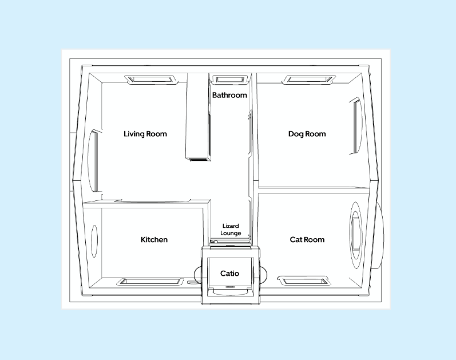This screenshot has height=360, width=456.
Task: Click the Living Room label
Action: pyautogui.click(x=145, y=134)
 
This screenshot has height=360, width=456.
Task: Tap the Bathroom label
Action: pyautogui.click(x=229, y=95)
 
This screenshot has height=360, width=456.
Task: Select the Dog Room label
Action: pyautogui.click(x=307, y=134)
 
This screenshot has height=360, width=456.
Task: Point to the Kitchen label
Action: pyautogui.click(x=154, y=239)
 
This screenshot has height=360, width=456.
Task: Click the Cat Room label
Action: pyautogui.click(x=307, y=239)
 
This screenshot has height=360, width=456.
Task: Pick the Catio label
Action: pyautogui.click(x=229, y=274)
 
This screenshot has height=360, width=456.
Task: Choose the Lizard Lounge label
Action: pyautogui.click(x=231, y=230)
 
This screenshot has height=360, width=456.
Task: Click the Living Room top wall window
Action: pyautogui.click(x=149, y=80)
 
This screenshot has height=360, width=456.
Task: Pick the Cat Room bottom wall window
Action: pyautogui.click(x=304, y=280)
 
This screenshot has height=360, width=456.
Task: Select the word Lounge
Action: pyautogui.click(x=231, y=234)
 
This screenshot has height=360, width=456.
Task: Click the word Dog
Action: pyautogui.click(x=295, y=134)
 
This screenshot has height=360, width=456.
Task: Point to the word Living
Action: pyautogui.click(x=134, y=134)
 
